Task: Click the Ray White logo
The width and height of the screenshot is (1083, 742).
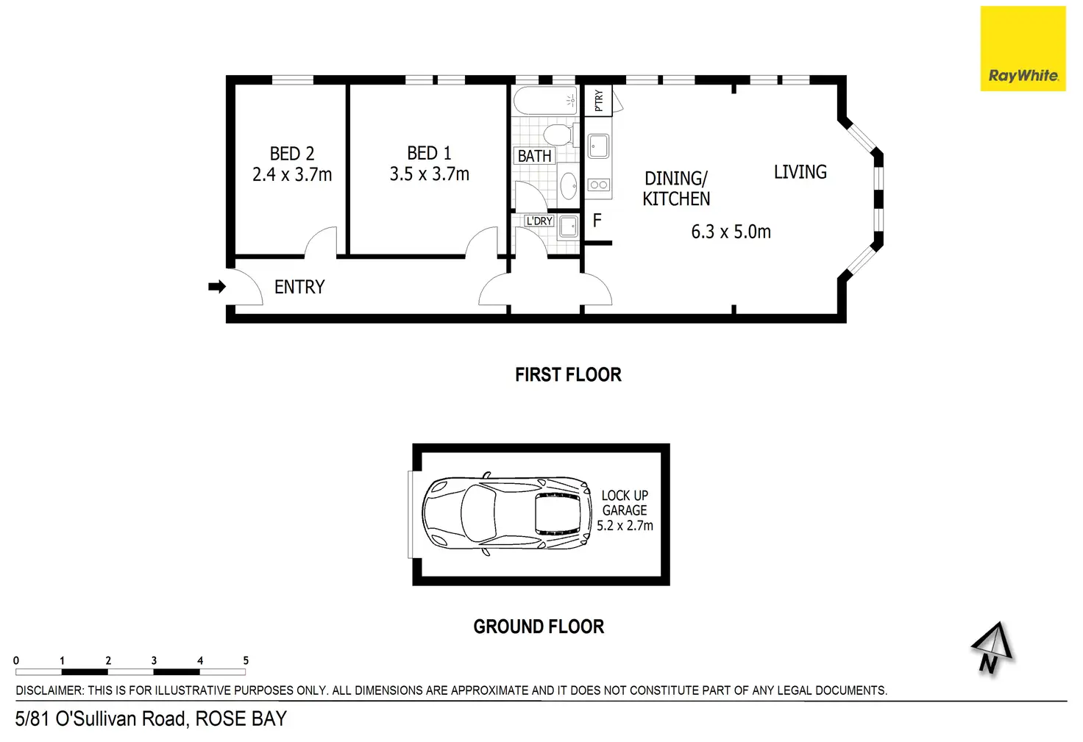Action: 1023,49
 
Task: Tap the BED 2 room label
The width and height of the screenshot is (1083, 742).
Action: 292,154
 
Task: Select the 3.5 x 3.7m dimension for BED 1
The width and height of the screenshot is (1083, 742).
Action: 430,174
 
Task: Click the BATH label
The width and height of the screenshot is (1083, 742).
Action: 534,156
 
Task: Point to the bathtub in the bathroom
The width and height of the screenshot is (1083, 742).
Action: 544,101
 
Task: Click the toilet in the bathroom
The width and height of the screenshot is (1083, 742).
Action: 558,135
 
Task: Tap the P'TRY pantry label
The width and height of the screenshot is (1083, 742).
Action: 599,101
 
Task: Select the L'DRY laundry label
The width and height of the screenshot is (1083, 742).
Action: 539,221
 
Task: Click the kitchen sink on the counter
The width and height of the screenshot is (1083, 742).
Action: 599,146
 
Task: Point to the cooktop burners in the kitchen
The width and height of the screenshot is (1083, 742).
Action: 599,185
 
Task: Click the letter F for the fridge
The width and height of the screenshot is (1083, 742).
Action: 597,220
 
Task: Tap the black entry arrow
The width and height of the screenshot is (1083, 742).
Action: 217,287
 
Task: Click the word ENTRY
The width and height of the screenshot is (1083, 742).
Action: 299,287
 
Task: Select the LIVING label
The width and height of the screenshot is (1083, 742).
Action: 800,172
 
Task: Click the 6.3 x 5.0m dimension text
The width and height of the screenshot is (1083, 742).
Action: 731,232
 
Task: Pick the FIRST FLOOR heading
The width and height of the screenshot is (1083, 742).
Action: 568,375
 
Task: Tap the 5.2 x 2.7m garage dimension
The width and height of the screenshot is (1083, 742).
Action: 625,526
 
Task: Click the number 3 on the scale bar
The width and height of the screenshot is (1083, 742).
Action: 154,660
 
